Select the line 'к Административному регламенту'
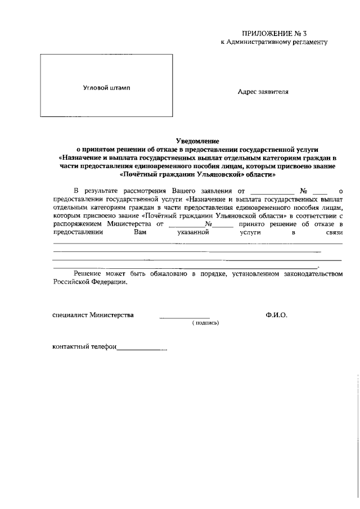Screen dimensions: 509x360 point(274,42)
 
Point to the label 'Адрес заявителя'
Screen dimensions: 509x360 point(263,92)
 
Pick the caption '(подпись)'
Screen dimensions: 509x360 point(205,323)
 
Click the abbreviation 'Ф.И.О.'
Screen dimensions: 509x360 point(277,315)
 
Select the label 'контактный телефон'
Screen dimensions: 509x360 point(84,347)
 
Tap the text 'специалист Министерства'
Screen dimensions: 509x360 point(93,315)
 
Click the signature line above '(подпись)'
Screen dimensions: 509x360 point(184,318)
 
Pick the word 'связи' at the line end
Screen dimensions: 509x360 point(333,231)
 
